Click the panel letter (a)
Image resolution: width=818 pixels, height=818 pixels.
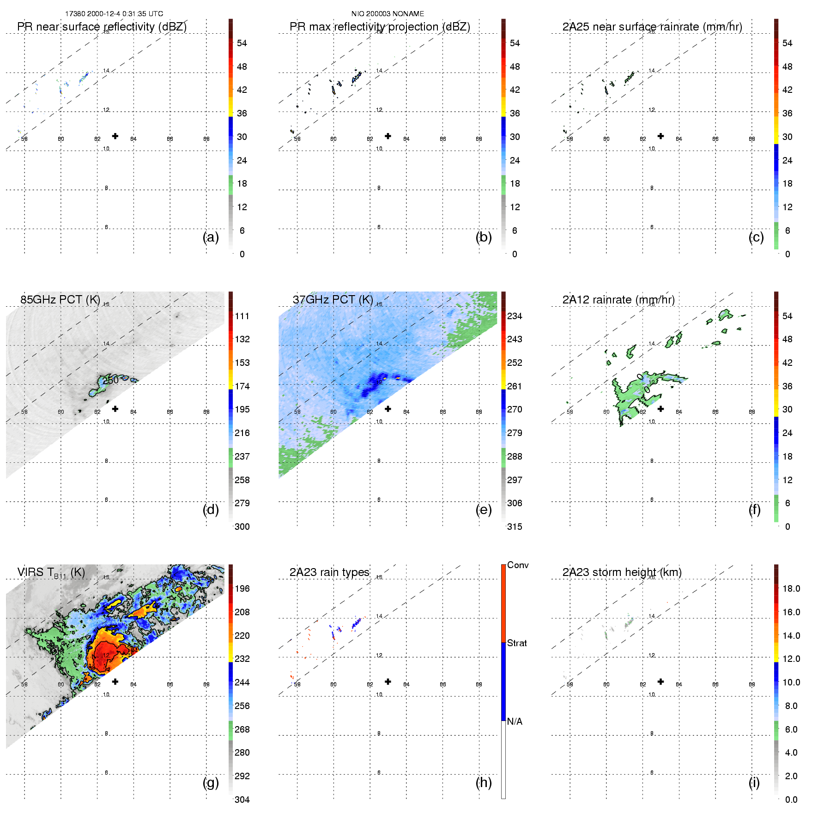coord(211,237)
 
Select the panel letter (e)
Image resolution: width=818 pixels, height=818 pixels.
coord(483,509)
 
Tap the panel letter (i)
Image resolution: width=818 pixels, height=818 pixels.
coord(754,782)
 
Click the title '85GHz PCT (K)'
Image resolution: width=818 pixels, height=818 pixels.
coord(60,299)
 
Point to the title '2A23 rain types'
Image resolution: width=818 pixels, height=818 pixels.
coord(329,572)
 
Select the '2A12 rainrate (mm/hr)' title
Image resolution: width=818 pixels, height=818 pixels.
coord(618,299)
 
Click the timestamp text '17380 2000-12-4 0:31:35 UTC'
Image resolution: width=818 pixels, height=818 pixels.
coord(114,14)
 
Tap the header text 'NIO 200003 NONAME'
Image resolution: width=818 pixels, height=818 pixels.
coord(388,14)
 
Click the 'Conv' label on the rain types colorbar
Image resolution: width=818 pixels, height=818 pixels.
coord(518,565)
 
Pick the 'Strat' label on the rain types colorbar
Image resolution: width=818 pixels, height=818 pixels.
coord(517,643)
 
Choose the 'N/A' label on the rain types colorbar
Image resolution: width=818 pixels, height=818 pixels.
coord(515,721)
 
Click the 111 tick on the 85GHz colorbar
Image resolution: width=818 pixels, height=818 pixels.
coord(242,316)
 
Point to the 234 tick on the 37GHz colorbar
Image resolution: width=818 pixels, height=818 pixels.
coord(515,316)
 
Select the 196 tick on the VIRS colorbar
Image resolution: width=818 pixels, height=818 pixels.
coord(242,588)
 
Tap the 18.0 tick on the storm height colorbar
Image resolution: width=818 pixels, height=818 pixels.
coord(791,588)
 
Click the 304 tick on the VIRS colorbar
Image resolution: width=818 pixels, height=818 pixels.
coord(242,800)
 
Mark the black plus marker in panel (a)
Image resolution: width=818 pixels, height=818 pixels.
coord(115,136)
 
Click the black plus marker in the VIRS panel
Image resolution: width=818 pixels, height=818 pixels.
coord(115,681)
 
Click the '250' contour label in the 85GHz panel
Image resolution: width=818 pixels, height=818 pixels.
coord(111,380)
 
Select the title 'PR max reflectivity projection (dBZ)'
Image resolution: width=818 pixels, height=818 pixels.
coord(380,27)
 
